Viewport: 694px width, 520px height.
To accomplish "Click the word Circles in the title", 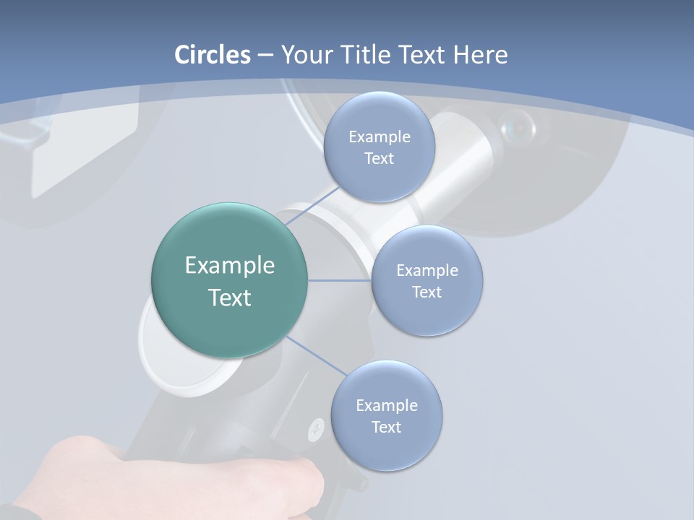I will (212, 55).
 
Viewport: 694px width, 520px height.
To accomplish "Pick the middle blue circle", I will (427, 311).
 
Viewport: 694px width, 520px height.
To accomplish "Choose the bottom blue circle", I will (387, 448).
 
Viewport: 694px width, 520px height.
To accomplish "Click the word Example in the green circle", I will (230, 266).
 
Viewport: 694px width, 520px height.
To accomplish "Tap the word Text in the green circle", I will (230, 298).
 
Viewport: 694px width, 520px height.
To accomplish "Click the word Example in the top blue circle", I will (380, 137).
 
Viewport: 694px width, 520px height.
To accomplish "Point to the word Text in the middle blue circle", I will (427, 292).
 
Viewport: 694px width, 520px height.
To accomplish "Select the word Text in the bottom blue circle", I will (387, 427).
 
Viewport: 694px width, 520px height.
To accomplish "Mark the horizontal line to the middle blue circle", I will (340, 280).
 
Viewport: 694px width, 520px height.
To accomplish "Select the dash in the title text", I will (265, 56).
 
